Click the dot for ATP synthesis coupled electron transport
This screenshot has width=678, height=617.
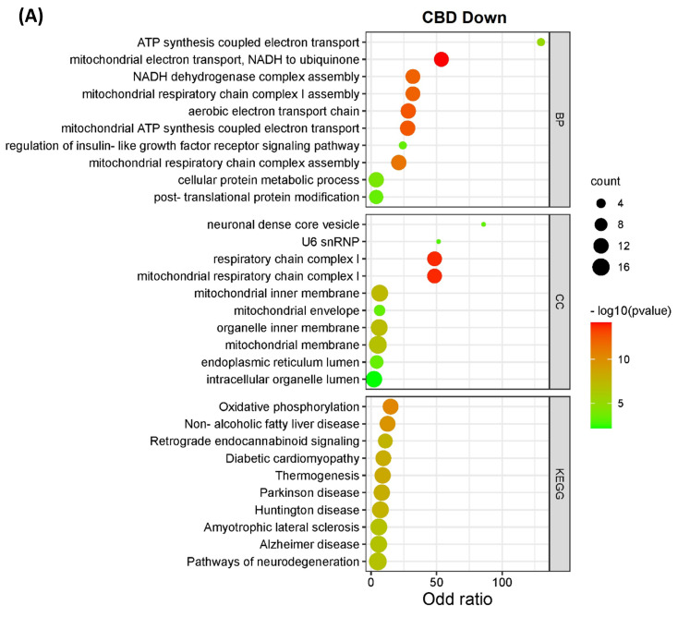[x=540, y=42]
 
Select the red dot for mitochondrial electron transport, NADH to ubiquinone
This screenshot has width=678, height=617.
[x=442, y=60]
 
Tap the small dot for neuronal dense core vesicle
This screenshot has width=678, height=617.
[x=484, y=224]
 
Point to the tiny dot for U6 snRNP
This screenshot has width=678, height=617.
[x=438, y=242]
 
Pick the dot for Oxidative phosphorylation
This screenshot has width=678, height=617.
[x=390, y=406]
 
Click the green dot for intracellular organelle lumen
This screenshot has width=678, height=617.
[x=373, y=380]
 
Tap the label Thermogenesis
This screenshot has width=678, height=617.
[x=317, y=475]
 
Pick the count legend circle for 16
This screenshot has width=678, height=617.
[x=599, y=268]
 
